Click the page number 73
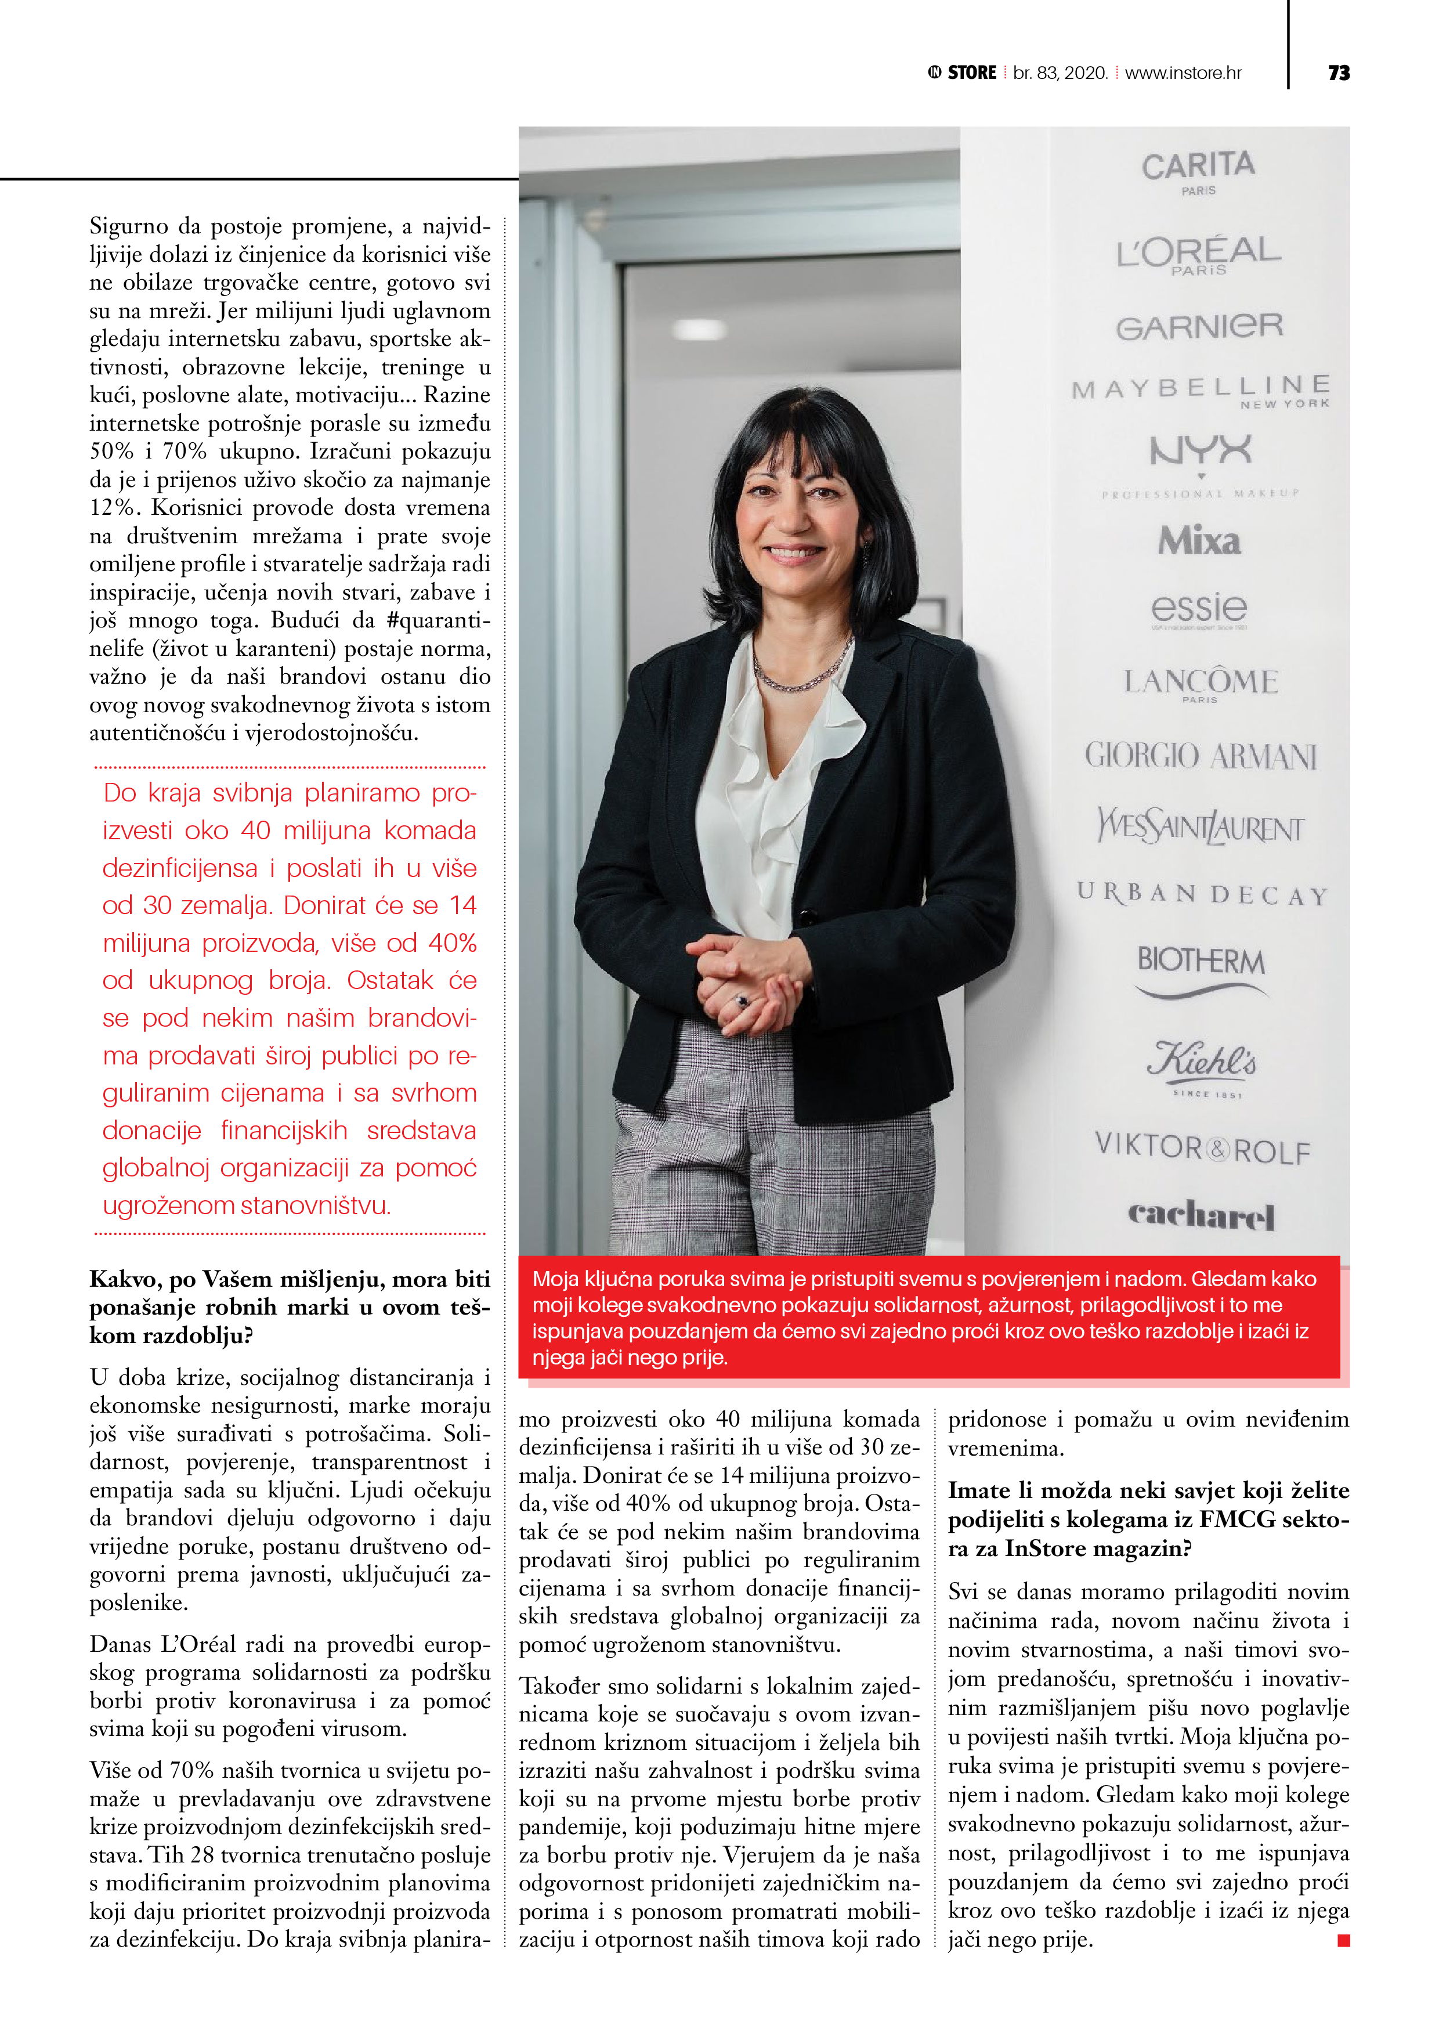[1339, 73]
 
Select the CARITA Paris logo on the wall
[1198, 169]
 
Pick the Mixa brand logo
[1199, 541]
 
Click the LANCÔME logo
[1201, 682]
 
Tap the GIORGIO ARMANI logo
[1201, 756]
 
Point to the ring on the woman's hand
[743, 1001]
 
